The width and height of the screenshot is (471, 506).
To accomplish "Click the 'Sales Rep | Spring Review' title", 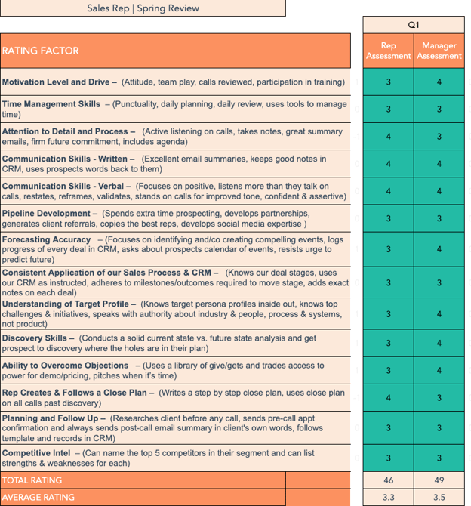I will (143, 8).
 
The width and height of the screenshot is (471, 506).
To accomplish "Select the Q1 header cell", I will (414, 25).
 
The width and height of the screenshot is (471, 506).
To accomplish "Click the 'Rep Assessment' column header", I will (388, 51).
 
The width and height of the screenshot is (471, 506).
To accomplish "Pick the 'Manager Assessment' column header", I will (439, 51).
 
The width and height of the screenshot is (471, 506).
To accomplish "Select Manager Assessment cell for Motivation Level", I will (439, 82).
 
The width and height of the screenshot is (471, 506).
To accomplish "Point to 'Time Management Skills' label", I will (51, 104).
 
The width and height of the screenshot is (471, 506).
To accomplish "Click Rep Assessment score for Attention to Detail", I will (388, 137).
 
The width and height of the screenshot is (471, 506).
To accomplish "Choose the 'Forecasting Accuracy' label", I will (47, 240).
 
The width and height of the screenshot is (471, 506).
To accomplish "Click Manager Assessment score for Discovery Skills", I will (439, 344).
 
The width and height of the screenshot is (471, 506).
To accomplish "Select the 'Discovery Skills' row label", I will (38, 338).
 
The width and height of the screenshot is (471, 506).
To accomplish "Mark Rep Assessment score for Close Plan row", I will (388, 398).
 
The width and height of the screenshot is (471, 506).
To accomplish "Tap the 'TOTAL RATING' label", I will (32, 480).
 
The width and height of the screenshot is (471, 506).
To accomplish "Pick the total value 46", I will (388, 480).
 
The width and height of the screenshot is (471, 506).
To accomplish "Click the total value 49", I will (439, 480).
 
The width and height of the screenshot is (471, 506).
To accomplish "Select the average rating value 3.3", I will (388, 498).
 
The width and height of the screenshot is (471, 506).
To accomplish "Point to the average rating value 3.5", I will (439, 498).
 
